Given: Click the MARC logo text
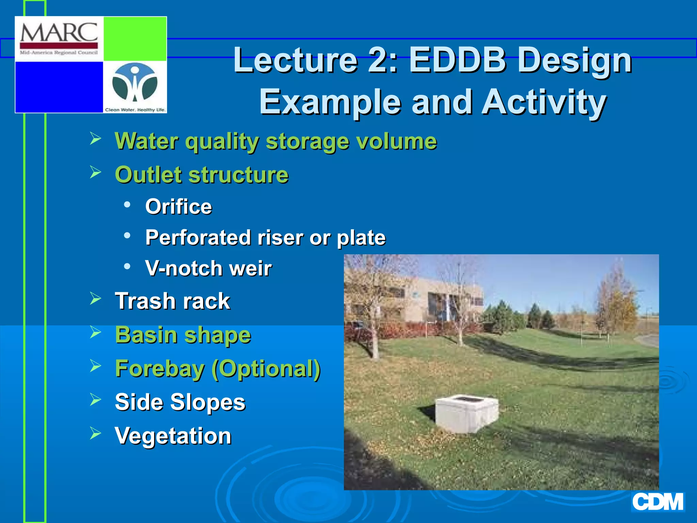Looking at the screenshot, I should [x=59, y=33].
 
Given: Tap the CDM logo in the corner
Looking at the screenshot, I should [x=658, y=502].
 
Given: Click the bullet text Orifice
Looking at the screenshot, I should [x=178, y=206].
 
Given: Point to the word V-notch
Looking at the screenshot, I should [x=184, y=268].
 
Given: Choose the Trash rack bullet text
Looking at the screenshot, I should [x=173, y=301].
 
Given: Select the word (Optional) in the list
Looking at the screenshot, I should [x=266, y=368].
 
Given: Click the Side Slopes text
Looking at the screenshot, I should [x=180, y=402].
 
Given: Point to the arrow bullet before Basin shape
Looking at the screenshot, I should [x=96, y=332].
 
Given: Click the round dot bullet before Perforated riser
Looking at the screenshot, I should [x=127, y=235].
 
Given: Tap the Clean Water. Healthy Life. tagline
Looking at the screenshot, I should [x=135, y=110].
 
